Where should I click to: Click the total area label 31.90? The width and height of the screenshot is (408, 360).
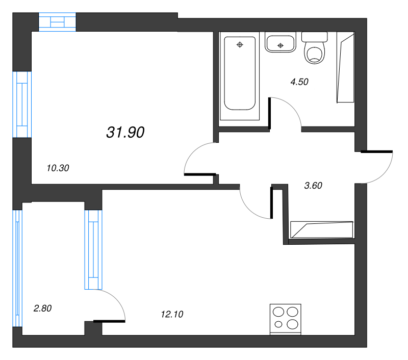pos(125,132)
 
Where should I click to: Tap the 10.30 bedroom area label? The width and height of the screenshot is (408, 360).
pos(58,168)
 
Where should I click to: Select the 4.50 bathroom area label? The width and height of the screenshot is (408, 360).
pos(299,82)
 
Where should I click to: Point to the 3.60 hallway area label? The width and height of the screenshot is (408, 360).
pos(313,186)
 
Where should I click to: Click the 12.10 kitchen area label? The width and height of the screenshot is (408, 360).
pos(172,314)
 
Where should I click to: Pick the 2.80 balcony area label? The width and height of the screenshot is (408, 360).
pos(42,308)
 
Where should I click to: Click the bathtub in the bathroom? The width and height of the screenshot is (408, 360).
pos(240,73)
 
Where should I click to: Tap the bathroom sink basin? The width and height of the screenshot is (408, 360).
pos(280,42)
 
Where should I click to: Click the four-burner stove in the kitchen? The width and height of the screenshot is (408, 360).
pos(286,319)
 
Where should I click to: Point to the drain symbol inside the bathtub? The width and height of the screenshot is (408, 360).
pos(240,45)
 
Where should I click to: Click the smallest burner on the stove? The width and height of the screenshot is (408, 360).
pos(278,324)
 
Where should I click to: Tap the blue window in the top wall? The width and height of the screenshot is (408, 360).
pos(57,22)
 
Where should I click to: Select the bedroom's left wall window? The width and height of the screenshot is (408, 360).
pos(22,105)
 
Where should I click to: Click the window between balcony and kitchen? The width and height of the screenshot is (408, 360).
pos(93,250)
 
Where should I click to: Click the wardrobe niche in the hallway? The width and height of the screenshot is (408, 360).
pos(322,229)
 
